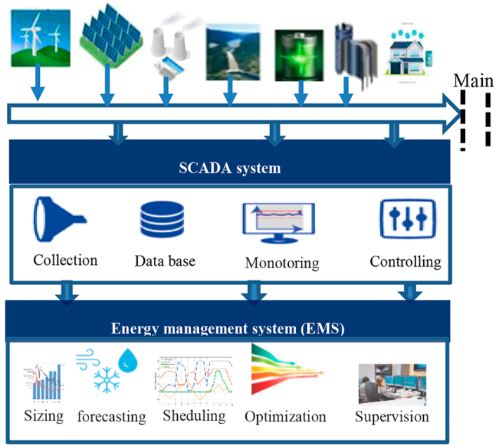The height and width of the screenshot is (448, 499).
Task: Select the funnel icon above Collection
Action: click(59, 218)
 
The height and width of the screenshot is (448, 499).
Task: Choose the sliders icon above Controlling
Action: click(407, 218)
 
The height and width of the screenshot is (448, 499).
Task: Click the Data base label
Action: click(164, 262)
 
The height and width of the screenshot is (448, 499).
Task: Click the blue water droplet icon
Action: click(129, 361)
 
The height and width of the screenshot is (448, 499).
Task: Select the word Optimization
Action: click(285, 416)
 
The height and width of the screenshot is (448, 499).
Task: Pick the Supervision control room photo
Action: click(391, 383)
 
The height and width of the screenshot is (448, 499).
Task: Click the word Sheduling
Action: click(193, 416)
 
